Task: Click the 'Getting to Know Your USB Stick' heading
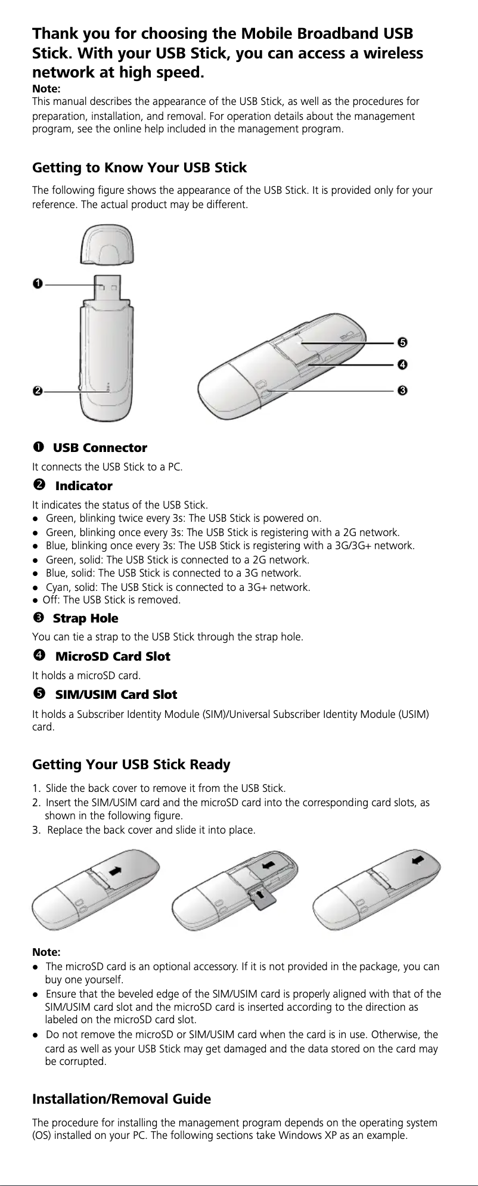(139, 168)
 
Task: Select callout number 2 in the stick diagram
(37, 391)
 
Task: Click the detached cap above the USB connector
(108, 244)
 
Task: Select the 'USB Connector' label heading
(100, 448)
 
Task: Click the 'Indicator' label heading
(83, 486)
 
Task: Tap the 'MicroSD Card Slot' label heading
(113, 657)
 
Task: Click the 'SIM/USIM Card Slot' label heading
(116, 695)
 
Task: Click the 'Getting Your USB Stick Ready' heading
(131, 764)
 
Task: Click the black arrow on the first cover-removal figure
(116, 869)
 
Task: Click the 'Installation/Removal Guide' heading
(121, 1099)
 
